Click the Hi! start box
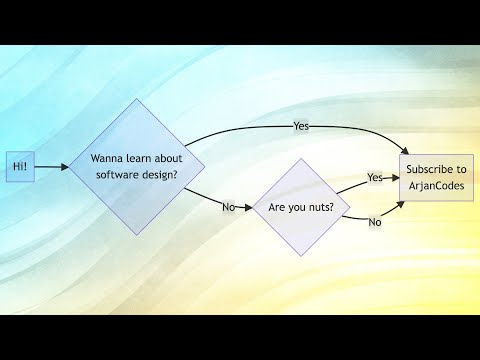click(x=20, y=168)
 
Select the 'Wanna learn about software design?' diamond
click(x=136, y=166)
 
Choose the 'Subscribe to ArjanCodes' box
click(x=436, y=177)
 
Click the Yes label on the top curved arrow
click(x=301, y=126)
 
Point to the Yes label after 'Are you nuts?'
click(x=375, y=178)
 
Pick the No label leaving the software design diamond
click(x=229, y=208)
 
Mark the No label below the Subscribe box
click(x=375, y=222)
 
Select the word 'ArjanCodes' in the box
click(x=436, y=185)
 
